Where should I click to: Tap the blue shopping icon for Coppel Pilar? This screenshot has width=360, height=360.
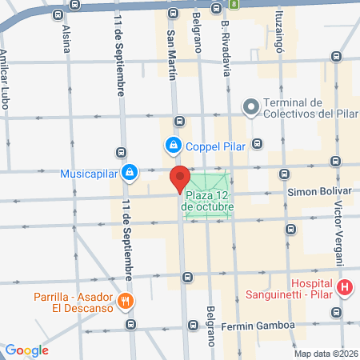[173, 146]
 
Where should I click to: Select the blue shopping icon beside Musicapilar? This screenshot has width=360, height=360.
[130, 172]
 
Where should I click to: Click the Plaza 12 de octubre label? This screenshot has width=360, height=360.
[209, 201]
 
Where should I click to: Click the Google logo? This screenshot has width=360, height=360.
[26, 350]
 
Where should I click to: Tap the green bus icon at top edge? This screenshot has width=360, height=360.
[234, 4]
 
